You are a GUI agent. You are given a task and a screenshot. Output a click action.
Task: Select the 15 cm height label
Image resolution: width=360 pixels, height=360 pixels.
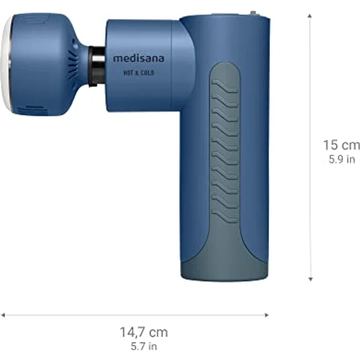tap(341, 145)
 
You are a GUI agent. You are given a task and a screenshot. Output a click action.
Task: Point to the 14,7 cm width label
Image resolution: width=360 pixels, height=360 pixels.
tap(144, 333)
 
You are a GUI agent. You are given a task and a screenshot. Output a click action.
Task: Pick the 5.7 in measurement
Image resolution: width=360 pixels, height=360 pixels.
tap(144, 347)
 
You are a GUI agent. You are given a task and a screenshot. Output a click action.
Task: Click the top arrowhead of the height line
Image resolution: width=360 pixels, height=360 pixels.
tap(310, 16)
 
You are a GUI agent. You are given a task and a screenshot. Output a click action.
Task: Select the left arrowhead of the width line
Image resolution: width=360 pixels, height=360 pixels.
tap(3, 315)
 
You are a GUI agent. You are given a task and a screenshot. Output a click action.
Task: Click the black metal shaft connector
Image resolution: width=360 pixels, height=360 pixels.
tap(97, 66)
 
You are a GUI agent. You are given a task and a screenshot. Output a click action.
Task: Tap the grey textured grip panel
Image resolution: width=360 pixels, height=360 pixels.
tap(225, 147)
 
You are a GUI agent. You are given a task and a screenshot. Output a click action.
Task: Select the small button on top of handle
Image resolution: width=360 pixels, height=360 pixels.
tap(253, 14)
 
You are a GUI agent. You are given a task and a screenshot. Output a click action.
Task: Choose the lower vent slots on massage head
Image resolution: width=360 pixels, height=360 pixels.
tap(37, 109)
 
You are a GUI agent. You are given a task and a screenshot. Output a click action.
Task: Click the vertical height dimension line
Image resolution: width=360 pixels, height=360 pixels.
tap(310, 98)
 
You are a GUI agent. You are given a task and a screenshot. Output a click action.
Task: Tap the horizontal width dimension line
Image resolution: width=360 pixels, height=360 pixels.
tap(73, 315)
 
